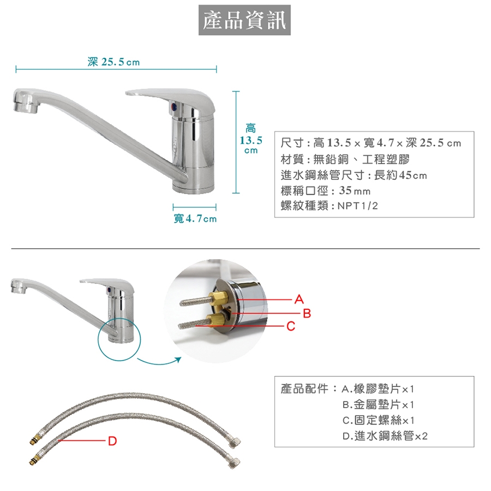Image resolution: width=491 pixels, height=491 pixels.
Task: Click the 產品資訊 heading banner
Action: [x=244, y=20]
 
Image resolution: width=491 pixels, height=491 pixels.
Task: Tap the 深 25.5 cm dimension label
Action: [x=113, y=62]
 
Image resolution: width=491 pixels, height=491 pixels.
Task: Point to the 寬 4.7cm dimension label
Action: [x=195, y=218]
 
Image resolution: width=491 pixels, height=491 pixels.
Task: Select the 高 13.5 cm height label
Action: [x=251, y=139]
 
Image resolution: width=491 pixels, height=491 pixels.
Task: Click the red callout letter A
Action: [x=299, y=300]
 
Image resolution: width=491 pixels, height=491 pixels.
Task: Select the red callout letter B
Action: [x=307, y=313]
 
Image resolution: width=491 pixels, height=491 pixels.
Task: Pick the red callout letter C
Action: [x=291, y=326]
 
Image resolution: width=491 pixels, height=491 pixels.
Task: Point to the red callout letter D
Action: [x=112, y=441]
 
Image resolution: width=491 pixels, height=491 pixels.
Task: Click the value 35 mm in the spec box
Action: [x=355, y=190]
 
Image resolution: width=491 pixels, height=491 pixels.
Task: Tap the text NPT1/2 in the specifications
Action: [x=357, y=206]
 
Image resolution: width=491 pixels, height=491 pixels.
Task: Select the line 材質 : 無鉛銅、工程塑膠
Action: [x=345, y=159]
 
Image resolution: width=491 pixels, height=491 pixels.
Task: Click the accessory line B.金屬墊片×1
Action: [x=378, y=405]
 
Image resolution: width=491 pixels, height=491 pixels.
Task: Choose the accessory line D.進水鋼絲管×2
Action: [x=385, y=435]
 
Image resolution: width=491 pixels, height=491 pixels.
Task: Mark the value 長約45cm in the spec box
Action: [x=400, y=175]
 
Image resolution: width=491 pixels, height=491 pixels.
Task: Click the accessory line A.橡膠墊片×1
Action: [x=378, y=389]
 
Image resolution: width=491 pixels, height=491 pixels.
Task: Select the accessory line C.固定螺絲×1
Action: [x=378, y=420]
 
